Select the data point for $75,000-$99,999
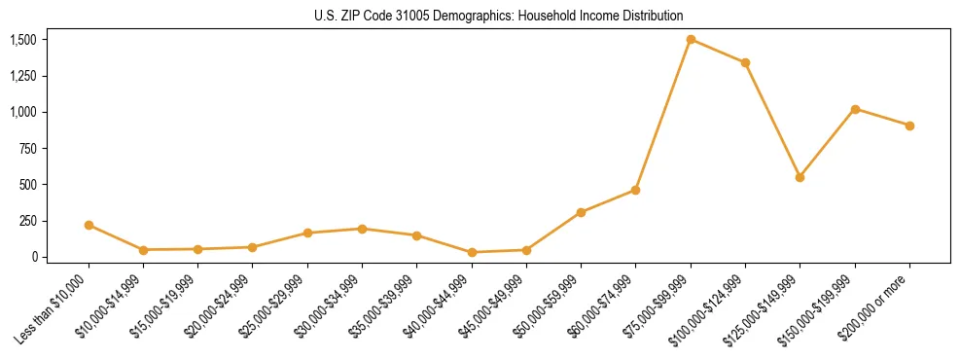click(691, 39)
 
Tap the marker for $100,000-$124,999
click(745, 62)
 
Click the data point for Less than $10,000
click(89, 225)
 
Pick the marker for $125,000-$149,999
click(800, 177)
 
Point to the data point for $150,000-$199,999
click(855, 109)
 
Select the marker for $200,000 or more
click(909, 126)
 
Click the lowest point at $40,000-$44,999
click(472, 252)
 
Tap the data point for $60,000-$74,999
click(635, 190)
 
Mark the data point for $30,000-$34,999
click(362, 229)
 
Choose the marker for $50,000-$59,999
click(581, 212)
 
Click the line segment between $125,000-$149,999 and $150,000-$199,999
click(827, 143)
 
